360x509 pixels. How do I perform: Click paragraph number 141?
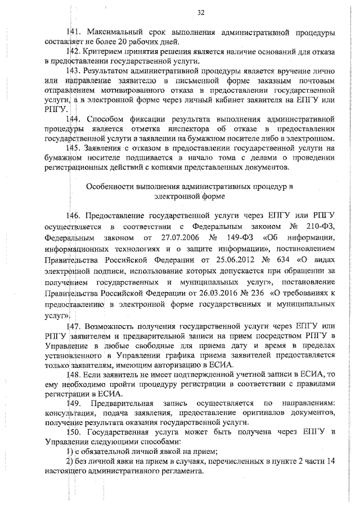click(x=74, y=32)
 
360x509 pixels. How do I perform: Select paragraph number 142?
click(x=74, y=52)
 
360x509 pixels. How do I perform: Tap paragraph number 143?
click(x=74, y=71)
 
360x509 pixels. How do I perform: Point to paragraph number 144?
click(x=74, y=120)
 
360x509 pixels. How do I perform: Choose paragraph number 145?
click(x=74, y=149)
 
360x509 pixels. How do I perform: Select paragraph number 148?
click(x=74, y=375)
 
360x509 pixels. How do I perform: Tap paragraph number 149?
click(x=74, y=404)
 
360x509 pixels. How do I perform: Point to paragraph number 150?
click(x=74, y=432)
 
